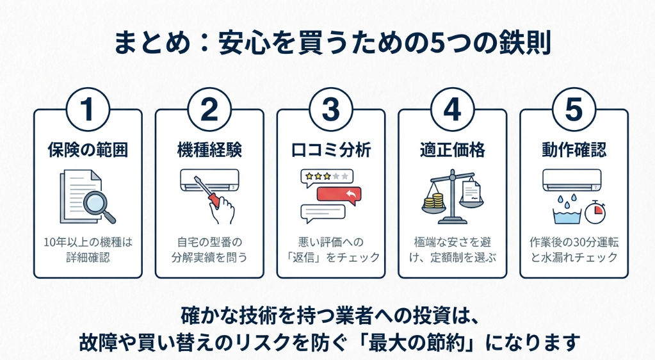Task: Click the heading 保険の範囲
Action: (88, 150)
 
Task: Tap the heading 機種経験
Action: (209, 150)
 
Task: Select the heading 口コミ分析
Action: (331, 150)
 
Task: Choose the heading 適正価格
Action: (452, 150)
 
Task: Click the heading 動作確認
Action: (574, 150)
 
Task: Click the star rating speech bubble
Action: (326, 176)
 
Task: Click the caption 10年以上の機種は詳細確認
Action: (88, 250)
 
